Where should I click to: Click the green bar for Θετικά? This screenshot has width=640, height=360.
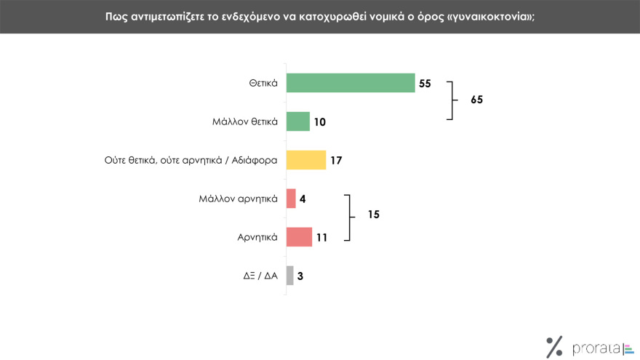pos(351,83)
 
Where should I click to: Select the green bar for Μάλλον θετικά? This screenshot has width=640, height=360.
pos(298,121)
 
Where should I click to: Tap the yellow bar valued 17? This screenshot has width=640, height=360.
pos(306,160)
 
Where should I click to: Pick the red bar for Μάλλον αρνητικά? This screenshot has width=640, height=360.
pos(291,199)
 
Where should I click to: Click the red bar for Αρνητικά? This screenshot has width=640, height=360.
pos(299,237)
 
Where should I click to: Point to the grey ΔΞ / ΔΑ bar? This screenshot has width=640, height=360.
pos(289,276)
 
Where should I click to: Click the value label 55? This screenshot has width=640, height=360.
pos(425,84)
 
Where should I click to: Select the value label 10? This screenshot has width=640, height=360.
pos(320,122)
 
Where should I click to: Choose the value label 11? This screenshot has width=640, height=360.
pos(322,238)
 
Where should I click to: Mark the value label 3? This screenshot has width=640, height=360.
pos(300,276)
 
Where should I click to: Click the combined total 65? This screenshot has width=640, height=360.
pos(476,100)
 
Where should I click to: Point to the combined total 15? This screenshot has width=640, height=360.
pos(373,215)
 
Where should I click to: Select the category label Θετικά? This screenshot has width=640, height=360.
pos(263,83)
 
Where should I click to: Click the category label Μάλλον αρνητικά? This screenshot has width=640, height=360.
pos(239,199)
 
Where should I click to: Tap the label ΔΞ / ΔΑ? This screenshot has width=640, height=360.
pos(260,276)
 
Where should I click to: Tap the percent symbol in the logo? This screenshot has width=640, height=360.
pos(554,347)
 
